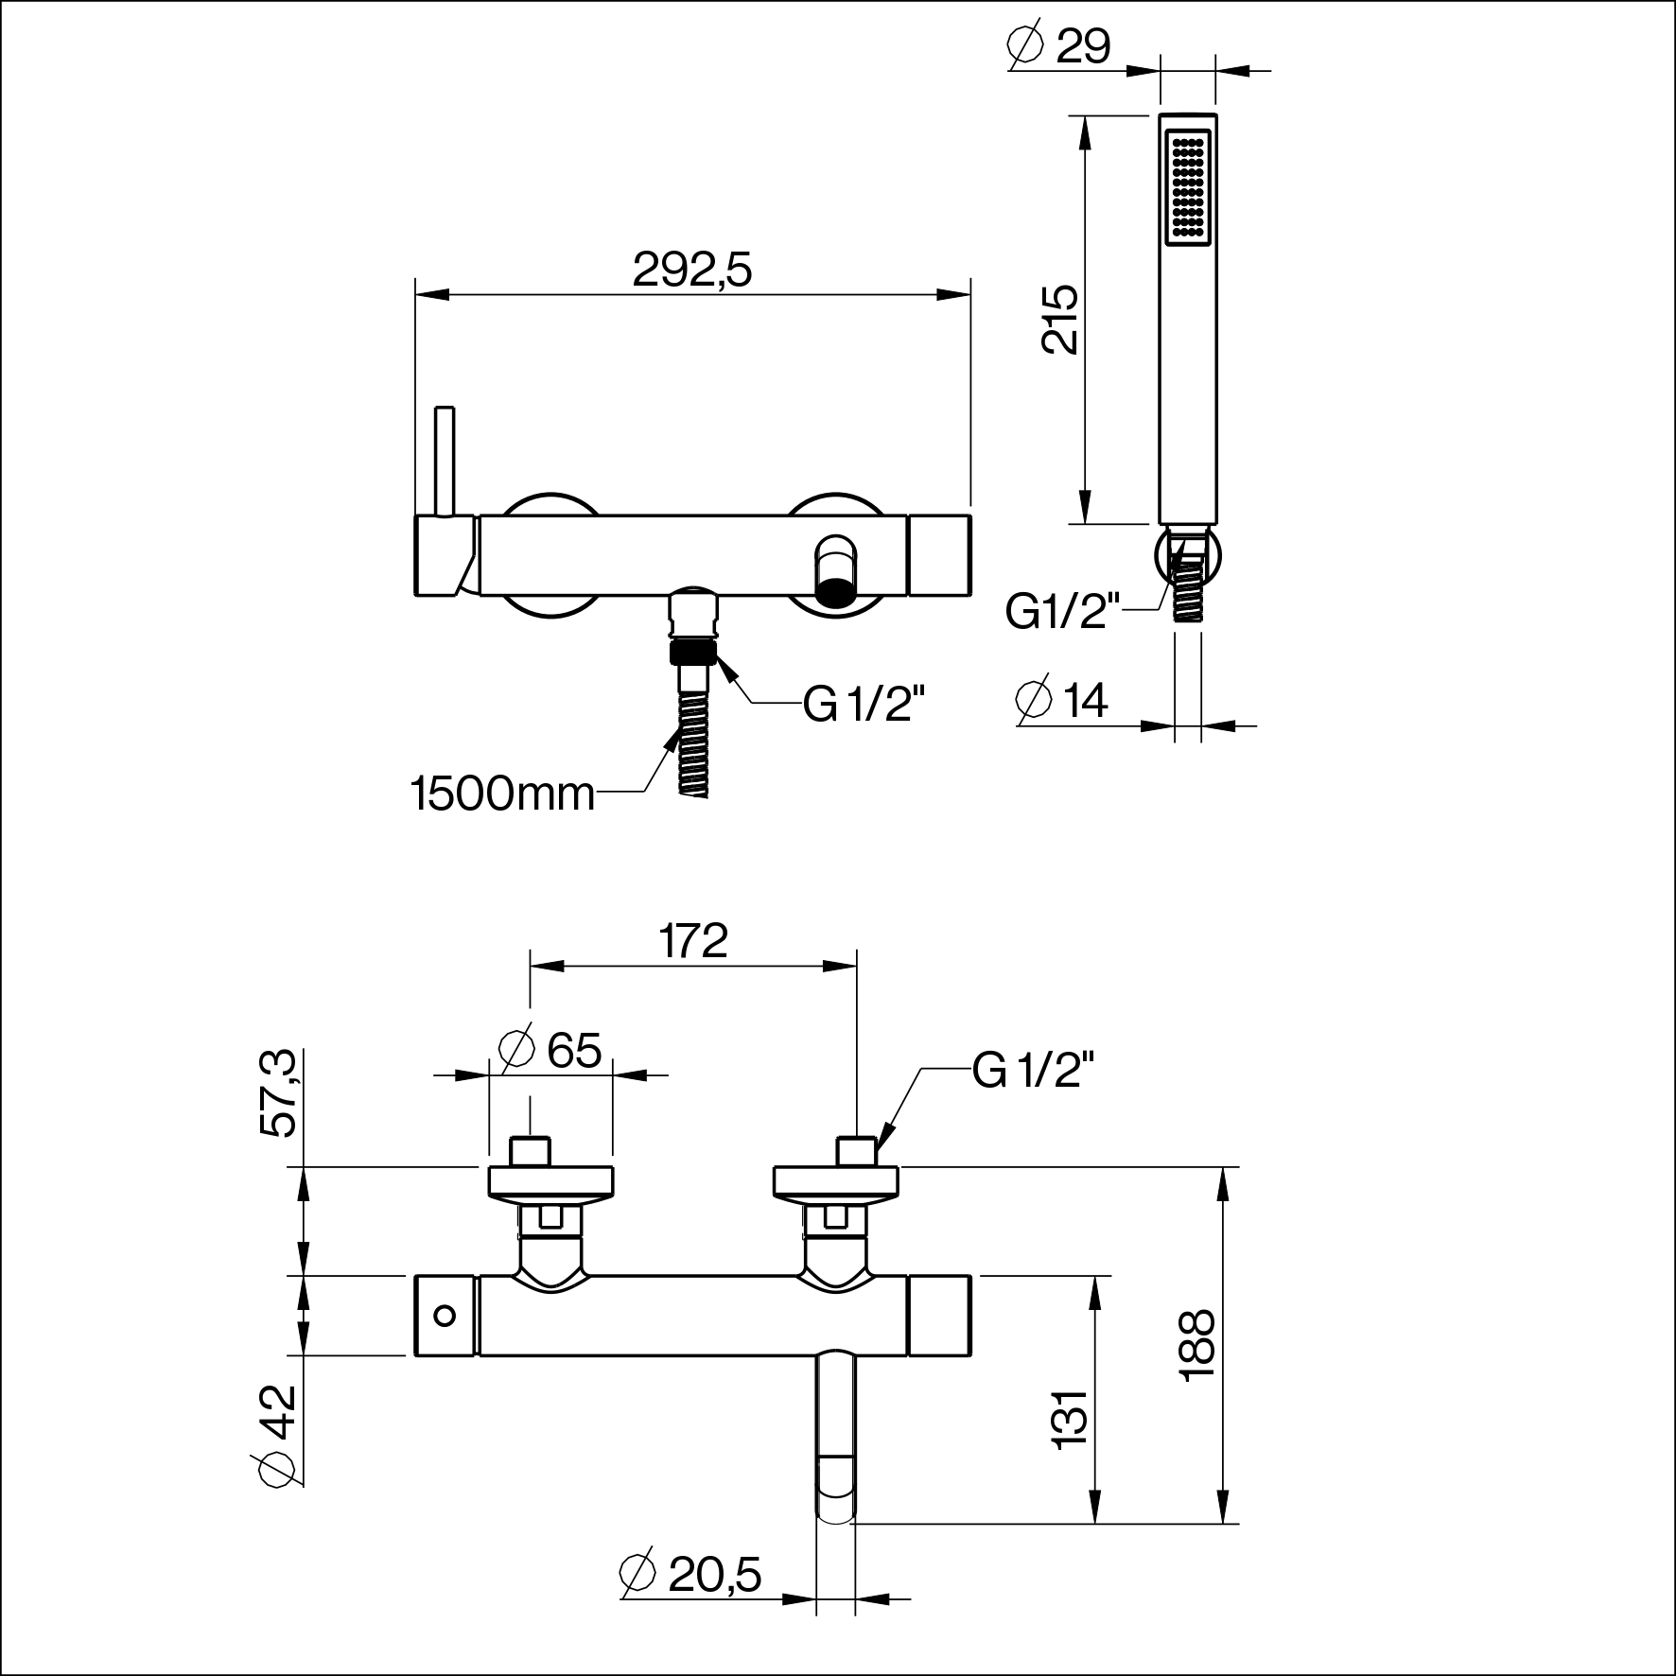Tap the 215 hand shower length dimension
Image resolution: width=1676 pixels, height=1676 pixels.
[1059, 319]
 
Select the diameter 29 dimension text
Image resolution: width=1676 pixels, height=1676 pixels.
[1060, 44]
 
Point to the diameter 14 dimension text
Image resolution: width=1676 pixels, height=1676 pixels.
[1061, 700]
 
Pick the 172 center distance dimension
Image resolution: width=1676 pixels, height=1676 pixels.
[693, 941]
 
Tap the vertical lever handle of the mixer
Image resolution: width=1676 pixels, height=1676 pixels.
[445, 463]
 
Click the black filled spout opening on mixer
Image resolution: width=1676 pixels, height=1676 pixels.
[835, 592]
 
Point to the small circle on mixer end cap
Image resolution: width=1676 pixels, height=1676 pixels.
[444, 1315]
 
